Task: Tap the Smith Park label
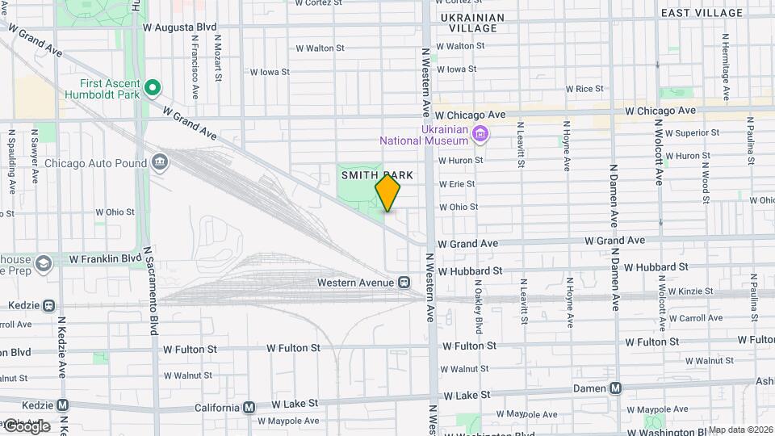tap(377, 174)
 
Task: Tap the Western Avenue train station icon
tap(403, 283)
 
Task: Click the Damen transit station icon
tap(616, 388)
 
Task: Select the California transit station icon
tap(249, 407)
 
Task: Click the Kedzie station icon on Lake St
tap(62, 405)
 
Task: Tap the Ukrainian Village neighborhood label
tap(471, 23)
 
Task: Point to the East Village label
tap(702, 13)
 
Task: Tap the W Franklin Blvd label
tap(106, 259)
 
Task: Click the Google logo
tap(26, 426)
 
